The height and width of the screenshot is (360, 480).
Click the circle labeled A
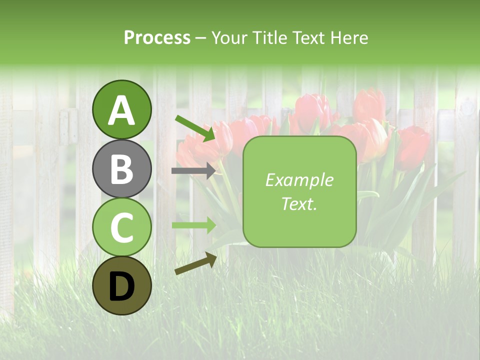121,109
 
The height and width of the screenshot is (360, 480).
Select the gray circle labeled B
121,168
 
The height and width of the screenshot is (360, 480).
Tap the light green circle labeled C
121,227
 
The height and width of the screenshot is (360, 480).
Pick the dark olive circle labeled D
121,285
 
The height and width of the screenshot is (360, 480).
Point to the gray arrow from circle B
193,170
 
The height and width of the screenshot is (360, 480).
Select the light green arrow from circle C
193,225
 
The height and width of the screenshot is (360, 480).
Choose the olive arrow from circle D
195,263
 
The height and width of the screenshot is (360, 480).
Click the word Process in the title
157,37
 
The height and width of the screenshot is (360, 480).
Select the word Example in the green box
299,180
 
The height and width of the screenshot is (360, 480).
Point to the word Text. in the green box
299,204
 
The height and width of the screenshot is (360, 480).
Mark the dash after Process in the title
200,38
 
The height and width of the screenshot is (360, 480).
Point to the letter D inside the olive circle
121,286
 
